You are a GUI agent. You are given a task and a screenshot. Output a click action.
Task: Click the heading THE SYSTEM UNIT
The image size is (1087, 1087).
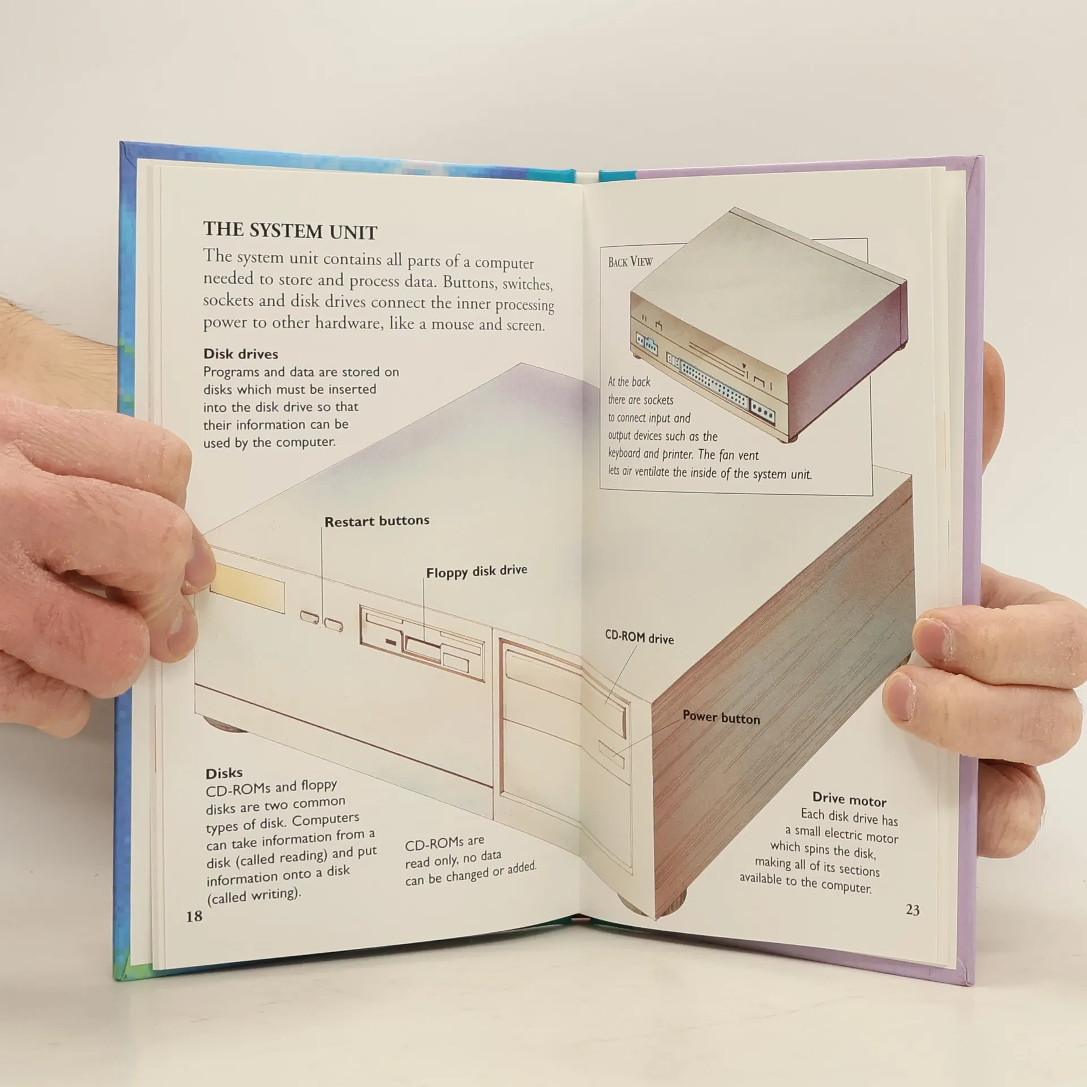pyautogui.click(x=290, y=231)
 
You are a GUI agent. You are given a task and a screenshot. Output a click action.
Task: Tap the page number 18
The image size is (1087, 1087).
pyautogui.click(x=194, y=916)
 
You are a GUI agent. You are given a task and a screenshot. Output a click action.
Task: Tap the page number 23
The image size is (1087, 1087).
pyautogui.click(x=913, y=910)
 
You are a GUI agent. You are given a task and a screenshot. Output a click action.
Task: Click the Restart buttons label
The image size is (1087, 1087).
pyautogui.click(x=377, y=521)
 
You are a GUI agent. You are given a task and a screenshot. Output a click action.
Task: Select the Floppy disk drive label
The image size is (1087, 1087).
pyautogui.click(x=477, y=571)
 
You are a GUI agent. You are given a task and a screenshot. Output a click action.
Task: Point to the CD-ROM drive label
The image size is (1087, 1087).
pyautogui.click(x=639, y=637)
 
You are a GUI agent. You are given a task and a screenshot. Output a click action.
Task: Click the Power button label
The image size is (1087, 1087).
pyautogui.click(x=721, y=717)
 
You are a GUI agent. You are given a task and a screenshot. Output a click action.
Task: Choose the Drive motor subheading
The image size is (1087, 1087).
pyautogui.click(x=849, y=800)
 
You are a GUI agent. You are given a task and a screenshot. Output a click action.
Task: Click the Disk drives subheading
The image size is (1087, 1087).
pyautogui.click(x=241, y=354)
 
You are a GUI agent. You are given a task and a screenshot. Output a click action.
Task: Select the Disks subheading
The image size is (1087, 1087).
pyautogui.click(x=224, y=773)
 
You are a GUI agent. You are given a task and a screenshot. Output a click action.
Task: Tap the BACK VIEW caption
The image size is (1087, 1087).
pyautogui.click(x=630, y=262)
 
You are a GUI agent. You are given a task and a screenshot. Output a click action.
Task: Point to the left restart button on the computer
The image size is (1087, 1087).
pyautogui.click(x=310, y=617)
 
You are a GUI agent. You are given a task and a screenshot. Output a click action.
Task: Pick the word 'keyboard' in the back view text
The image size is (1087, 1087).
pyautogui.click(x=624, y=453)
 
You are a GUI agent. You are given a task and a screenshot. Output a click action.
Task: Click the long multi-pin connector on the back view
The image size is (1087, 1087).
pyautogui.click(x=714, y=386)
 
